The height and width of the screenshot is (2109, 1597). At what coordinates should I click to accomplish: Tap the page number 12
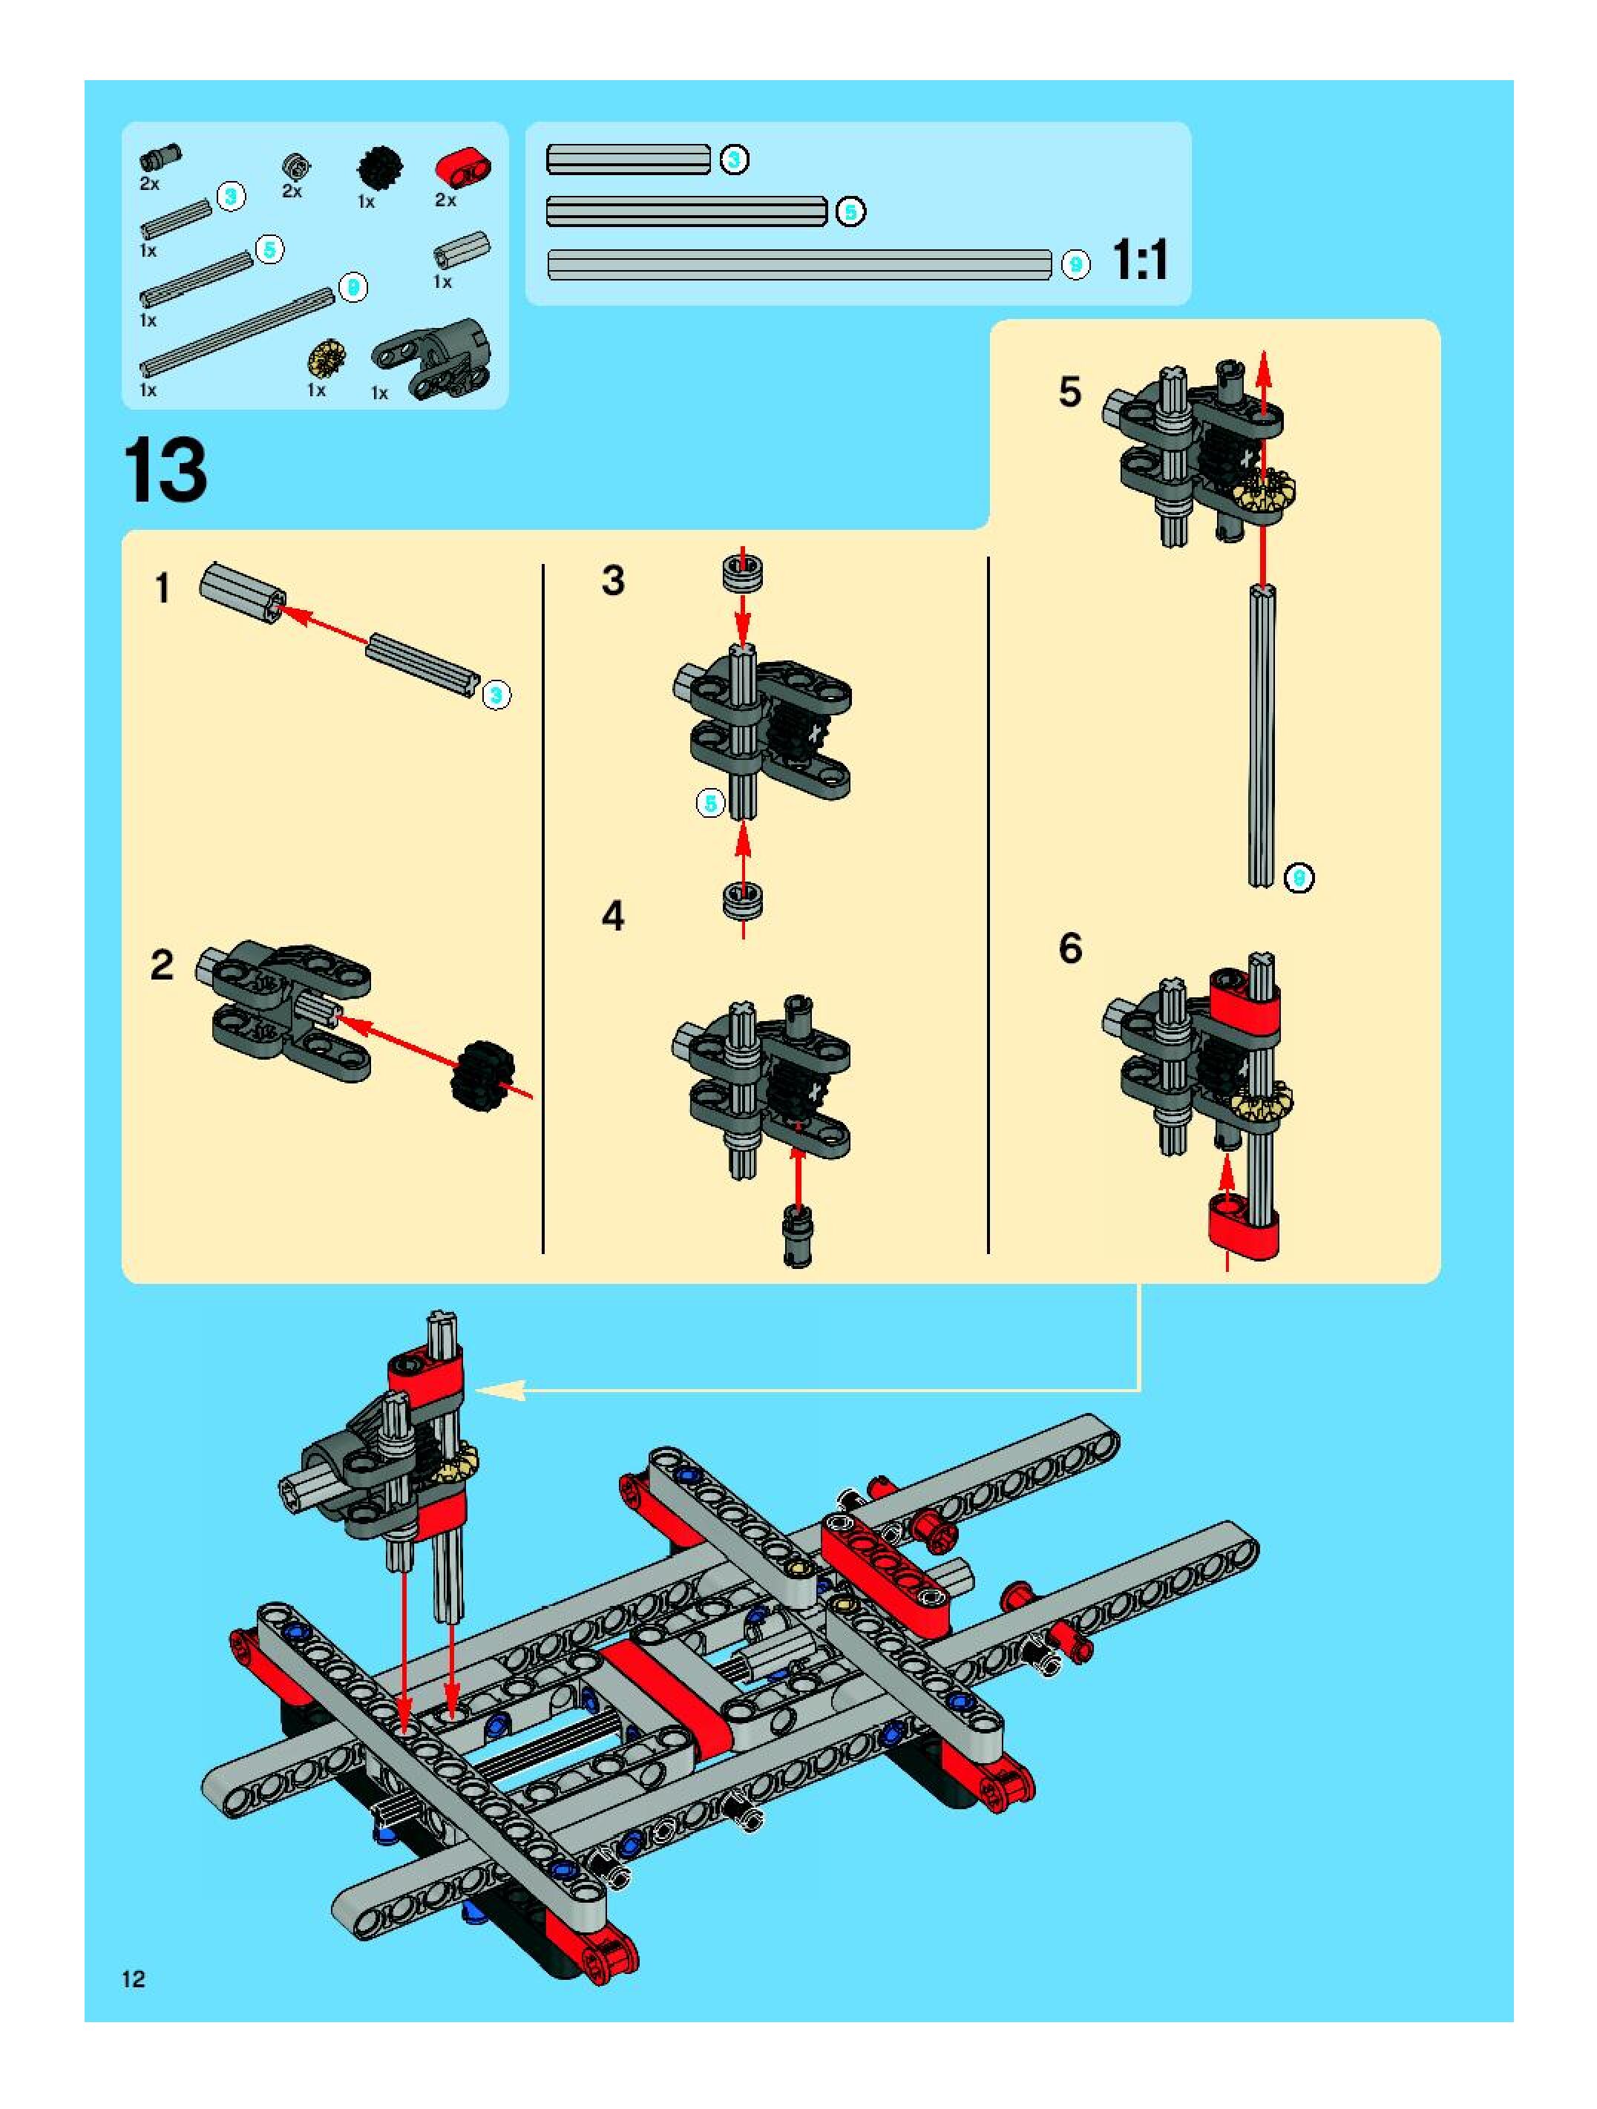[x=134, y=1978]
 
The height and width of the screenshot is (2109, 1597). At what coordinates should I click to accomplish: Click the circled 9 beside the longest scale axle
[x=1075, y=264]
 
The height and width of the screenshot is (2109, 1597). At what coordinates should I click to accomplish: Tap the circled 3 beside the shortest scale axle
[x=734, y=160]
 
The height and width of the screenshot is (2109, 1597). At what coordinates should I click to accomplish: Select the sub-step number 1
[x=163, y=588]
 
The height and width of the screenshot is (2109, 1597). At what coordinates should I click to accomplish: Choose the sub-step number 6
[x=1071, y=948]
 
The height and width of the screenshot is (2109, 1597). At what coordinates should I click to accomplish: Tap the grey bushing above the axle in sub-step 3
[x=743, y=574]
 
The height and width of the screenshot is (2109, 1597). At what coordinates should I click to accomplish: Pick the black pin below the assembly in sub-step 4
[x=797, y=1236]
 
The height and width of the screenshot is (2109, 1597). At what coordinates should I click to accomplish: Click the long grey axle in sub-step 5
[x=1262, y=736]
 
